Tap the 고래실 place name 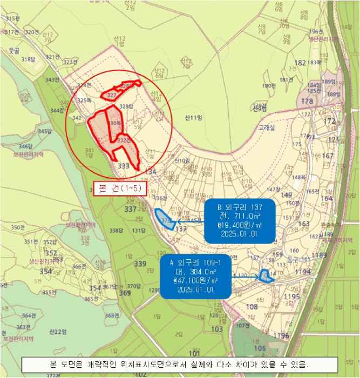click(267, 128)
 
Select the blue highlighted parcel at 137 click(164, 219)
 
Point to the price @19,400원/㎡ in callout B click(239, 225)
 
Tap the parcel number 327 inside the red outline click(112, 96)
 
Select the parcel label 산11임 click(192, 117)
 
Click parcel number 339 click(140, 264)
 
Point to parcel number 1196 click(281, 336)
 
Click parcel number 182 click(300, 63)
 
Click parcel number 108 click(252, 307)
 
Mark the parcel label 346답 click(26, 146)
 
